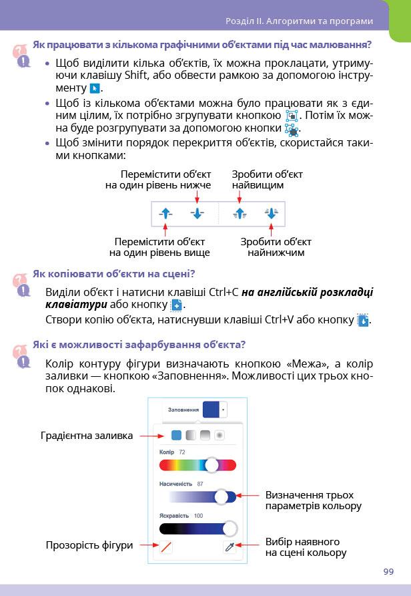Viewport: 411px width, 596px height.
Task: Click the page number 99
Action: (388, 571)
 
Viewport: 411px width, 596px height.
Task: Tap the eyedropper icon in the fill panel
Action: (230, 547)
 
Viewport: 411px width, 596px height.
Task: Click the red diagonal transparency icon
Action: (167, 547)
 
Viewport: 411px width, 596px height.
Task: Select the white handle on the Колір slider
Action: (212, 465)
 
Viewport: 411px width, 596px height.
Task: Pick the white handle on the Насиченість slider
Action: (222, 496)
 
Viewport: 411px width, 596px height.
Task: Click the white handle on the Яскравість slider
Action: (230, 529)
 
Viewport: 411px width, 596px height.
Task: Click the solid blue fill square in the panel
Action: (176, 435)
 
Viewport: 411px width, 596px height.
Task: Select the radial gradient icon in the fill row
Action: (219, 435)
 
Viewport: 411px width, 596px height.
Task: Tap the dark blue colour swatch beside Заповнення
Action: (212, 409)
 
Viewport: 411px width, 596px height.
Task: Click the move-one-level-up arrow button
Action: (167, 213)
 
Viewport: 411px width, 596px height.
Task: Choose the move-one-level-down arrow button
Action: (197, 213)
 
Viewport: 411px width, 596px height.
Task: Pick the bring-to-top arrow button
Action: (240, 213)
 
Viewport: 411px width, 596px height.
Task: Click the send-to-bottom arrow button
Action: (270, 213)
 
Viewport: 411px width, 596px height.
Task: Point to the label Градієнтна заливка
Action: (86, 436)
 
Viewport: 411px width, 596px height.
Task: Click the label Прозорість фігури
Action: (89, 545)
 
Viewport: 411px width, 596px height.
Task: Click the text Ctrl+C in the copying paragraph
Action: (224, 292)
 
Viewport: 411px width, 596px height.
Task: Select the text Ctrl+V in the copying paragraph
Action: (280, 319)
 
